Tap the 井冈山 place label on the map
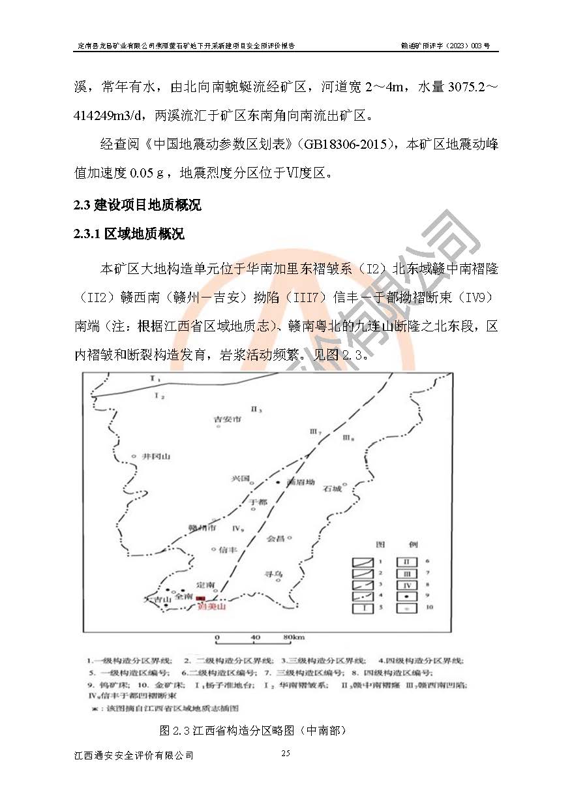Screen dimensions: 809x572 coord(156,457)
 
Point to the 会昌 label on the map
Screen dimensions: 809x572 coord(276,539)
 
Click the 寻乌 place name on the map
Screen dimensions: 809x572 coord(273,574)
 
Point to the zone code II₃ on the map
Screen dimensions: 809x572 coord(256,410)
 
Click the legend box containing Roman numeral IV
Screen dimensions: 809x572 coord(407,585)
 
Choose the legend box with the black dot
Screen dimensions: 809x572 coord(407,596)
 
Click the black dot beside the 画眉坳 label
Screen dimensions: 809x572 coord(278,482)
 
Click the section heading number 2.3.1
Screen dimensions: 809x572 coord(89,234)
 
